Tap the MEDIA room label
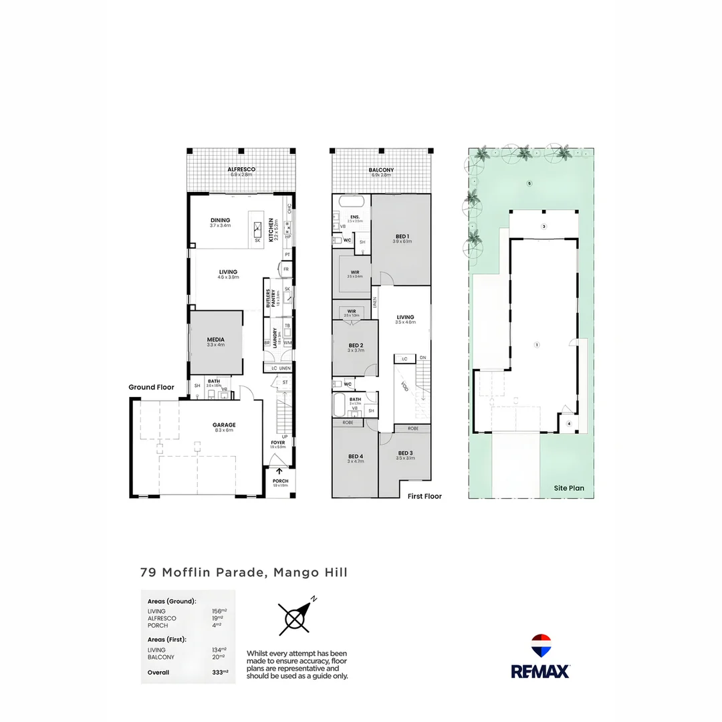click(x=216, y=340)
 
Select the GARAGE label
click(x=224, y=425)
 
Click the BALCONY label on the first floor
click(x=382, y=170)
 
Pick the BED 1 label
click(x=402, y=237)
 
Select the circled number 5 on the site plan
click(x=529, y=183)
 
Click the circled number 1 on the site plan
click(x=536, y=345)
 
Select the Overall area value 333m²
click(x=220, y=673)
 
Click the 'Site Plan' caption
click(x=568, y=488)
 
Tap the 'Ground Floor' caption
click(x=152, y=387)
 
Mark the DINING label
click(x=220, y=221)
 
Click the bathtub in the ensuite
click(x=352, y=201)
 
